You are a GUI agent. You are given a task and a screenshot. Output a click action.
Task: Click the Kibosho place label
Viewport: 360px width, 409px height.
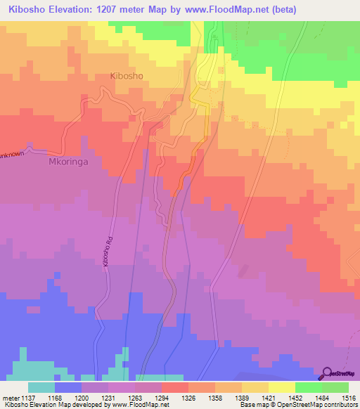click(x=127, y=75)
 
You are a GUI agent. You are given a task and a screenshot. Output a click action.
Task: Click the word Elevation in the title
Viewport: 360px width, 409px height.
click(x=78, y=9)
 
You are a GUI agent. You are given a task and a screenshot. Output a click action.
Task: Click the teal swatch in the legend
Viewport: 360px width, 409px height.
click(x=41, y=387)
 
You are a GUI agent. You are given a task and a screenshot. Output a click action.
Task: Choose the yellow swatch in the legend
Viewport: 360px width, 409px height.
click(x=281, y=387)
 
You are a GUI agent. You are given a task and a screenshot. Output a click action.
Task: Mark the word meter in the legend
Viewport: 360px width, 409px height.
click(x=11, y=397)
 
